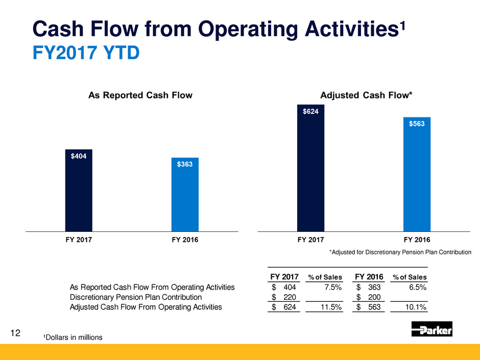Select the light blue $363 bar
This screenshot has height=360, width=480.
click(x=185, y=195)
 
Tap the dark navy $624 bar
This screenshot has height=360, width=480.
click(x=310, y=168)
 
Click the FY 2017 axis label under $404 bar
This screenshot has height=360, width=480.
click(x=79, y=239)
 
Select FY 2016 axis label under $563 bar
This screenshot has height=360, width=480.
click(x=417, y=239)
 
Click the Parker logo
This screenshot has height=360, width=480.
click(x=431, y=329)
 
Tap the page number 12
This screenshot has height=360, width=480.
click(x=15, y=333)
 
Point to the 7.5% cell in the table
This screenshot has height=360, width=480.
click(x=332, y=287)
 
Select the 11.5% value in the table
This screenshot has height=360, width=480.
click(x=330, y=307)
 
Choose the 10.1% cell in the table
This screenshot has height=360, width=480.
click(x=416, y=307)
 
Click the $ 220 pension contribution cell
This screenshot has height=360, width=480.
click(x=285, y=297)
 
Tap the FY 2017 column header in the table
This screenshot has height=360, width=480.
click(x=284, y=277)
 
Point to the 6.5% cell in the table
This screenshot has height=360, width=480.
click(x=417, y=287)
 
